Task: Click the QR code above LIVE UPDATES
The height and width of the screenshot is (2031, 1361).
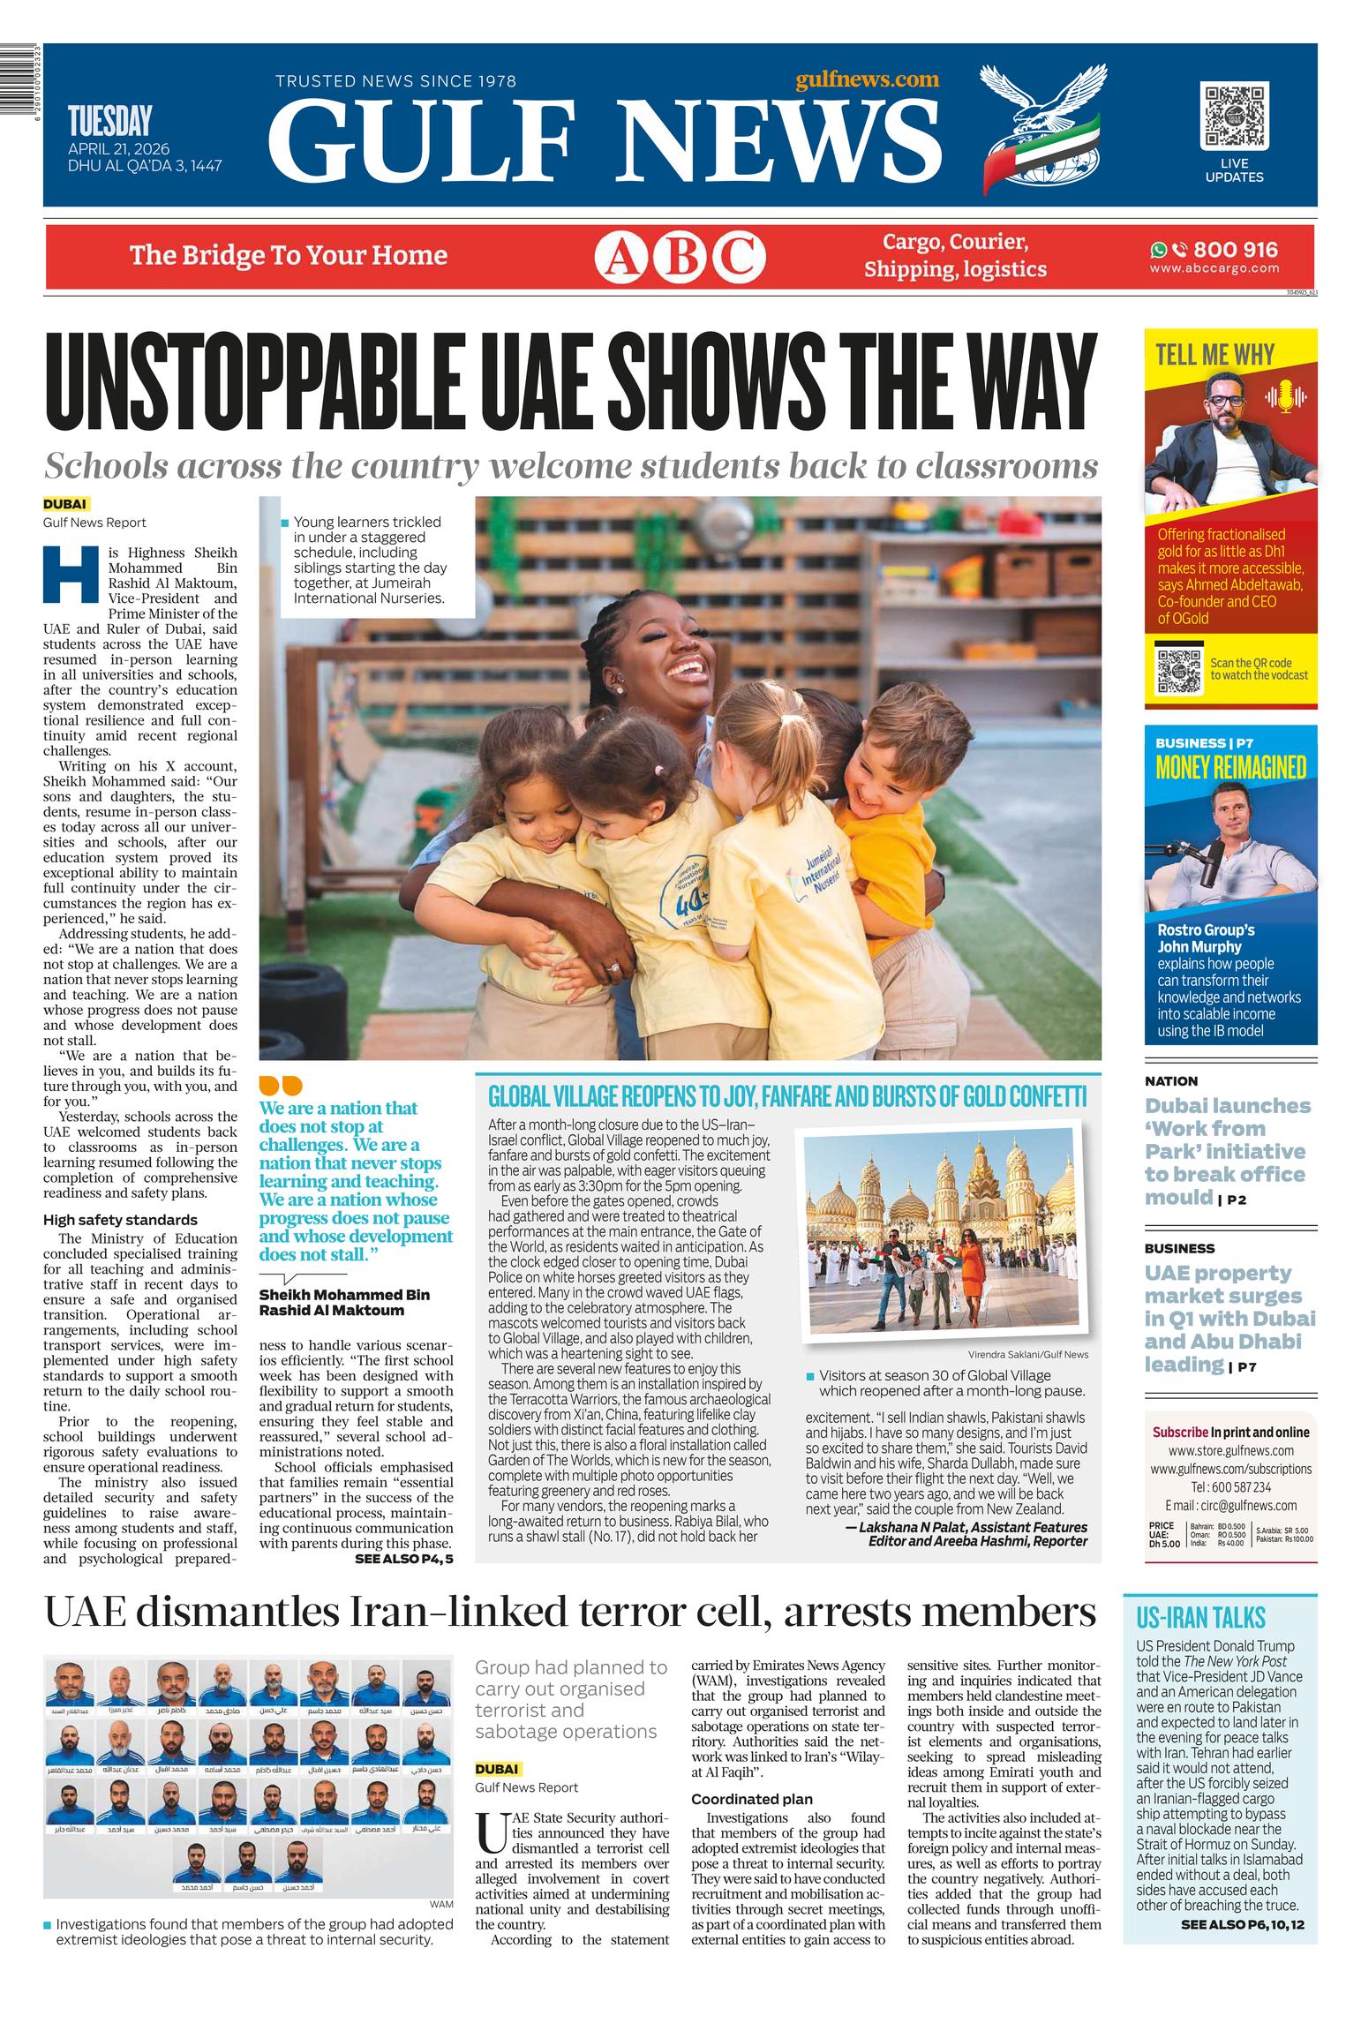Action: (1234, 116)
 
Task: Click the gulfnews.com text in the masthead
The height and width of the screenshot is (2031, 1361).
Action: (867, 79)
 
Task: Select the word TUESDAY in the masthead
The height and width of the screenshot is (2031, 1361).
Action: (109, 121)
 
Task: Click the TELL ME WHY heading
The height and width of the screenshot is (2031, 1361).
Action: (1214, 355)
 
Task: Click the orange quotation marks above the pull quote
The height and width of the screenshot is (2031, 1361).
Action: (280, 1085)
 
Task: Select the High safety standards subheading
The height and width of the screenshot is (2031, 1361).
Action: (109, 1220)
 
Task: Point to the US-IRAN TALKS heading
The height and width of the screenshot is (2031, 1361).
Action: (1200, 1618)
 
